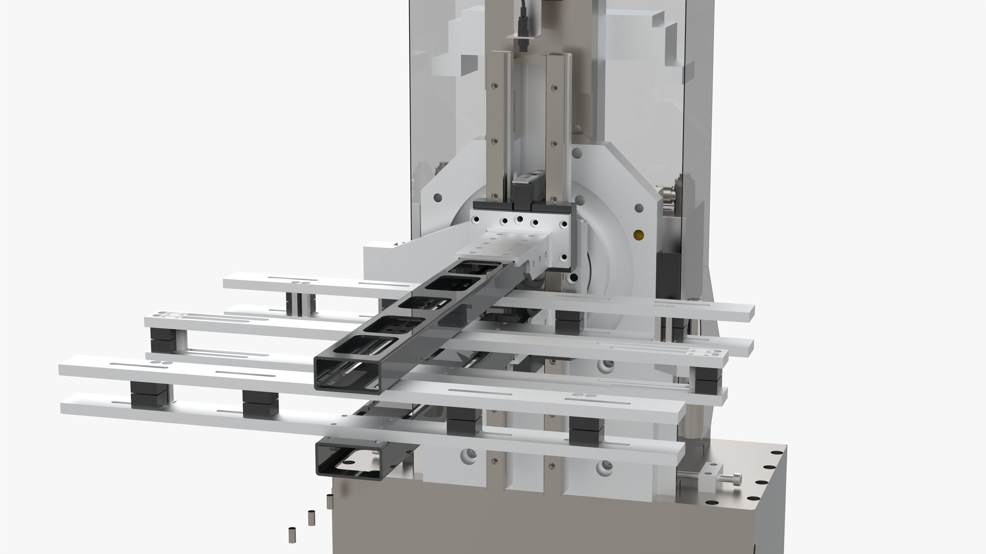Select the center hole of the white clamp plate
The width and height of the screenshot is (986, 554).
(520, 220)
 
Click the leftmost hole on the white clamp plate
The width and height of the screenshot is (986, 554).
(476, 220)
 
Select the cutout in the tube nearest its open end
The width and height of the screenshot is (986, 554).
(367, 344)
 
